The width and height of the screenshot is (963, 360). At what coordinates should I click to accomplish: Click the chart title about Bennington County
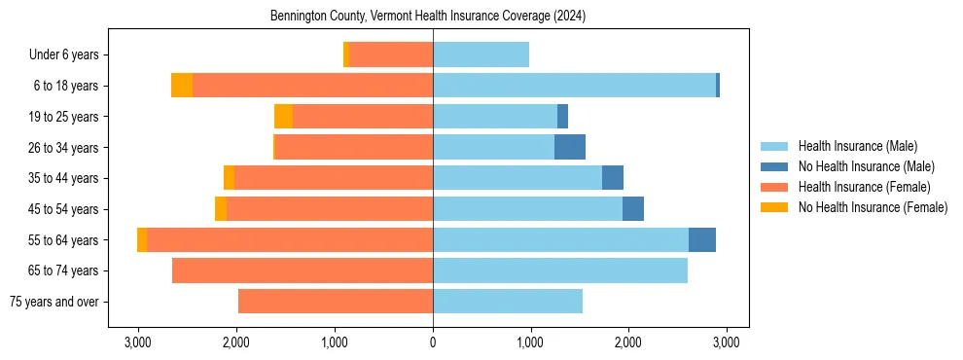[x=433, y=17]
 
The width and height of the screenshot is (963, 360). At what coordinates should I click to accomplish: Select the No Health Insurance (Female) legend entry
[x=873, y=207]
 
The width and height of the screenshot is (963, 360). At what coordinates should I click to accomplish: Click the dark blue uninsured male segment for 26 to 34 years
[x=570, y=147]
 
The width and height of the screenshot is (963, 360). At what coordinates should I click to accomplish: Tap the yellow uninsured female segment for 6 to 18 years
[x=182, y=86]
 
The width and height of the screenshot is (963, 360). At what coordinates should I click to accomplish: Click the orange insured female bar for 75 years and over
[x=336, y=302]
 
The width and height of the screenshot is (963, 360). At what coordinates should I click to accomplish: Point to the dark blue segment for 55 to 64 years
[x=702, y=239]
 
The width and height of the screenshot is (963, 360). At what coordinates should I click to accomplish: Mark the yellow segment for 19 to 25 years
[x=283, y=117]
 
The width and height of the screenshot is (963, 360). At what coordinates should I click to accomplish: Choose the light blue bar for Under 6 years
[x=481, y=55]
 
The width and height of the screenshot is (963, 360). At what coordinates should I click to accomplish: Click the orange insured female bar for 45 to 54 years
[x=330, y=209]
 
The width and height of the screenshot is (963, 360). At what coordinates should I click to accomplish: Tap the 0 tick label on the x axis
[x=433, y=342]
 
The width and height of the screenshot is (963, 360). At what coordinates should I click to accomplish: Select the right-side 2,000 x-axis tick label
[x=627, y=342]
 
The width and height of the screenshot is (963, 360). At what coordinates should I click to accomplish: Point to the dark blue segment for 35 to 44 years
[x=613, y=178]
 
